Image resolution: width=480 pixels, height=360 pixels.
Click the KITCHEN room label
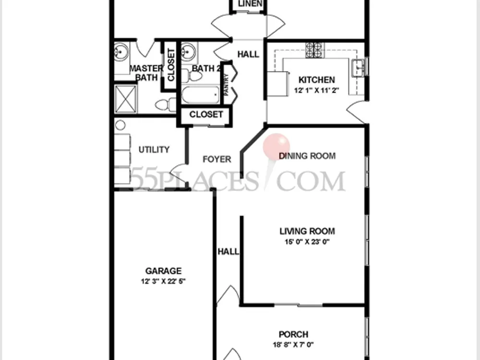(x=316, y=80)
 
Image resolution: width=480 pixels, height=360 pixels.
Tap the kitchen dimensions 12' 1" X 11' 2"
(x=316, y=91)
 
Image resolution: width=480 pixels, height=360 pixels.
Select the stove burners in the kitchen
(x=314, y=50)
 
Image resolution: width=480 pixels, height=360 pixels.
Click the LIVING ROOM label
(x=307, y=231)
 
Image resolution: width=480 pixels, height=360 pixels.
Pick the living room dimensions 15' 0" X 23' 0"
(x=307, y=242)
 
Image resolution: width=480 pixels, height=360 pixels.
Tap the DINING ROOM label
(x=307, y=156)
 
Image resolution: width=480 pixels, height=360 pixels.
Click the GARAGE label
(x=163, y=271)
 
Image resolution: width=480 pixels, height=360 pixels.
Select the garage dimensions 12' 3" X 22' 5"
(x=163, y=281)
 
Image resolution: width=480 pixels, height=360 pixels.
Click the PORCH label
(x=293, y=334)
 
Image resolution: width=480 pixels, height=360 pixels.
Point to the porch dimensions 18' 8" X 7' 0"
(x=293, y=345)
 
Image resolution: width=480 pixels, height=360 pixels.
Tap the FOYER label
(x=217, y=159)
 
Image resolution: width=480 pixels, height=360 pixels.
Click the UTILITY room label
(x=154, y=150)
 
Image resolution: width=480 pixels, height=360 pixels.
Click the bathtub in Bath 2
(x=201, y=95)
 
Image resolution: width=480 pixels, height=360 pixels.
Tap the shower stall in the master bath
(x=125, y=98)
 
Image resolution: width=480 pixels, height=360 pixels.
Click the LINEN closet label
(x=250, y=4)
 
